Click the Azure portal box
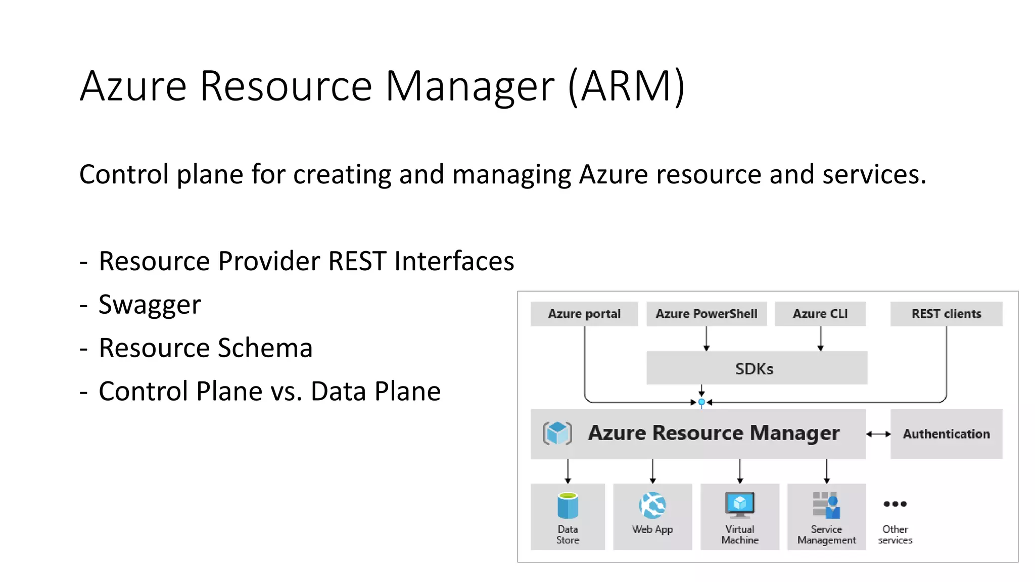tap(584, 314)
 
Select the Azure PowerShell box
tap(706, 314)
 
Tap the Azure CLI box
tap(820, 314)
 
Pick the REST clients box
tap(946, 314)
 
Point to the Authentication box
tap(946, 434)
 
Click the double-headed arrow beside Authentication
tap(878, 434)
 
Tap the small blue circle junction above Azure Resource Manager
tap(701, 402)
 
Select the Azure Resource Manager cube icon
tap(557, 433)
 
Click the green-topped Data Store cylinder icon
tap(568, 505)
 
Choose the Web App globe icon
tap(652, 505)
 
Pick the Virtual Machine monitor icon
tap(740, 505)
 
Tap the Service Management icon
tap(826, 505)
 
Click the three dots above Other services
tap(895, 504)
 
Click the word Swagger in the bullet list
tap(150, 305)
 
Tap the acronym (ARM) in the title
tap(627, 86)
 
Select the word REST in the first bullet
tap(357, 261)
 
